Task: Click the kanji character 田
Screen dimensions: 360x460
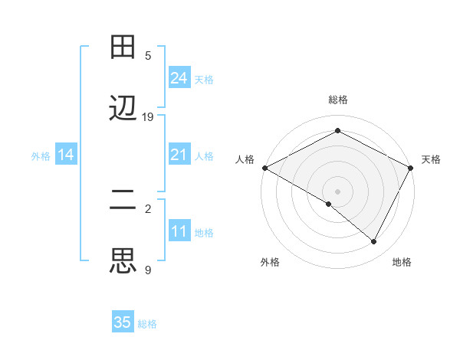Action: tap(123, 47)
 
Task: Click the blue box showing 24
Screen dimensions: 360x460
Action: tap(179, 77)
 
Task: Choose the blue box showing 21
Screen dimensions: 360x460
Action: tap(179, 155)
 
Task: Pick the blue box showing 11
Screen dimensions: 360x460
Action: tap(179, 231)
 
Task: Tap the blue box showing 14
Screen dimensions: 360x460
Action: tap(66, 155)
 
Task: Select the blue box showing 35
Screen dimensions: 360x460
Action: tap(123, 322)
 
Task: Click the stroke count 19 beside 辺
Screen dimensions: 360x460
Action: tap(148, 117)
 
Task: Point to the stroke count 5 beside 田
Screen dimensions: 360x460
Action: tap(148, 55)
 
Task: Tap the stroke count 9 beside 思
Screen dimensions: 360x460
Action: tap(148, 270)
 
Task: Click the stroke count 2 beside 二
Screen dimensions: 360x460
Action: tap(148, 208)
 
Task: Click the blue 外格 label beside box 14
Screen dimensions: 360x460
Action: tap(41, 155)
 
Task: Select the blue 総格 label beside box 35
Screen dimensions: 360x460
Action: tap(148, 324)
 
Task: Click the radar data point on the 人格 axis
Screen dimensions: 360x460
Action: tap(264, 168)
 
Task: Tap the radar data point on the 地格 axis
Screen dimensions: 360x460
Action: tap(374, 242)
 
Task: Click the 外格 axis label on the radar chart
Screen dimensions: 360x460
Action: tap(270, 262)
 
